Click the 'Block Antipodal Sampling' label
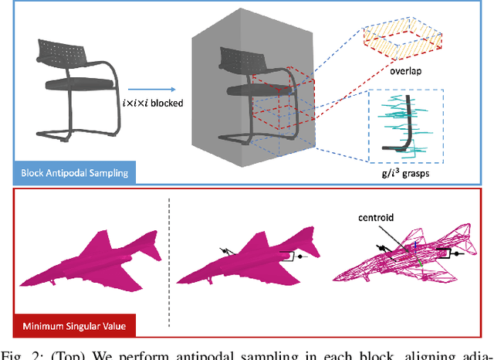(x=67, y=172)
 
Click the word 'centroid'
(x=374, y=219)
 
